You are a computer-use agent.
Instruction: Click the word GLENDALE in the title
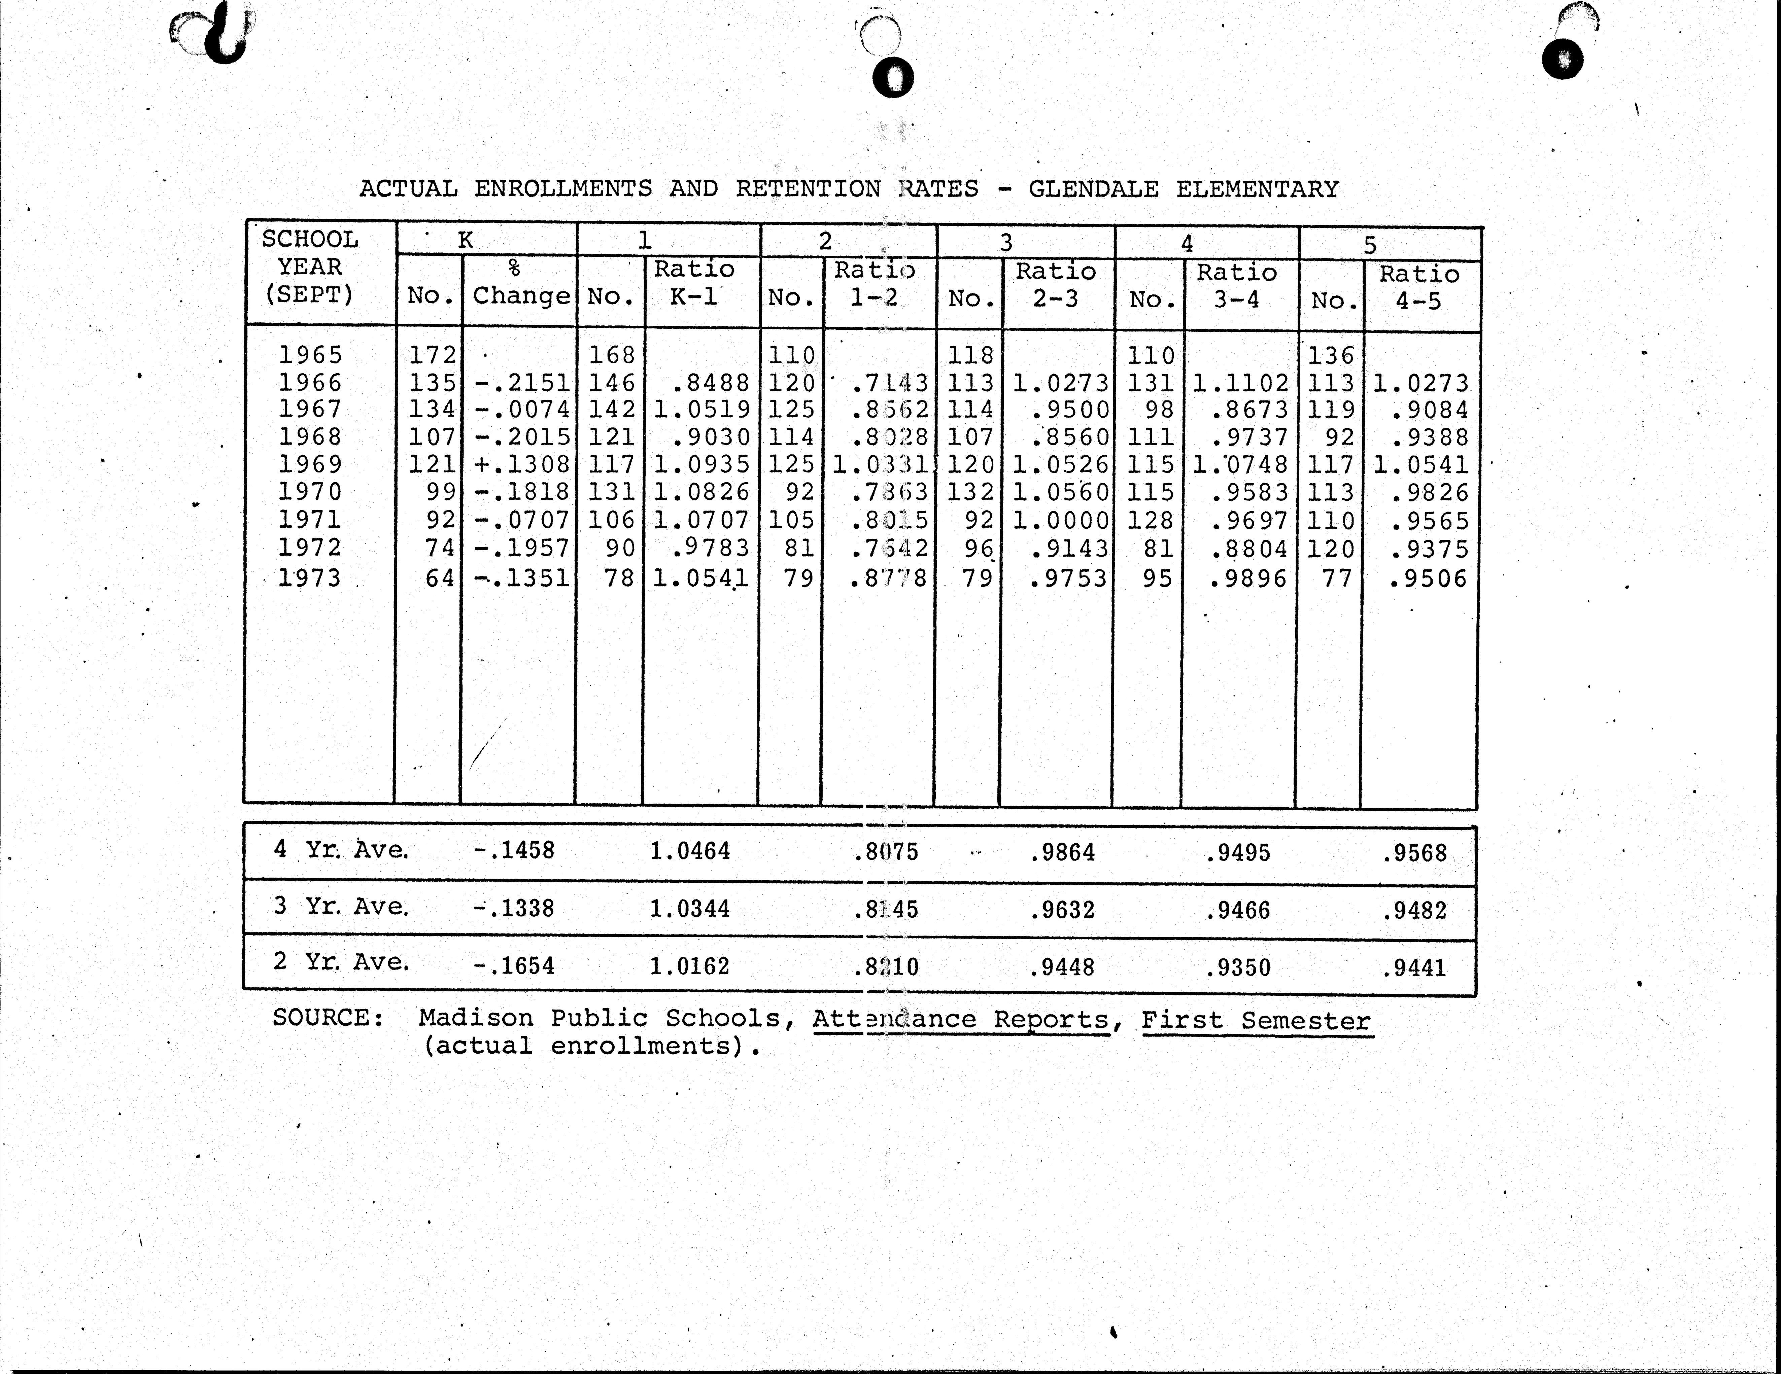pos(1093,189)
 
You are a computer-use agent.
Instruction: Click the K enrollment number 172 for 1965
pos(432,355)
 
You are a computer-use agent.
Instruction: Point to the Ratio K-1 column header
pos(694,282)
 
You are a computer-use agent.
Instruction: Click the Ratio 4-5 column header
pos(1419,287)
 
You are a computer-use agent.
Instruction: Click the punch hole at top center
pos(893,78)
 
